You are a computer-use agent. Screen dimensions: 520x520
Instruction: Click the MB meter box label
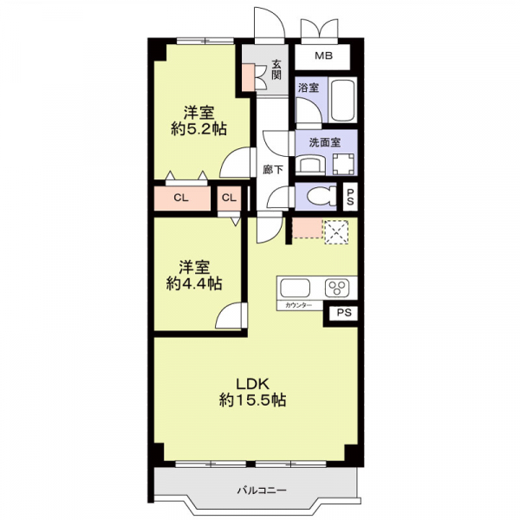pos(323,56)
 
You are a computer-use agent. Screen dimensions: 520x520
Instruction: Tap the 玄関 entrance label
pos(276,68)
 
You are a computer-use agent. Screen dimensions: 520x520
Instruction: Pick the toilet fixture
pos(317,197)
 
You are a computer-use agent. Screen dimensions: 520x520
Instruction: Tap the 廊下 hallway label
pos(273,170)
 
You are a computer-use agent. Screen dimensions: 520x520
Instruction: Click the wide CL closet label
pos(180,198)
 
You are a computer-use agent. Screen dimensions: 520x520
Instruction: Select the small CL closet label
pos(229,198)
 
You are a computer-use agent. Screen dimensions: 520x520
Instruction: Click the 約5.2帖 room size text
pos(198,128)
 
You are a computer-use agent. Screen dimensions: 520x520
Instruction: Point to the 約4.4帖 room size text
pos(194,283)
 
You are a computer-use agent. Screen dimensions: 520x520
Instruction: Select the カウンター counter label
pos(295,305)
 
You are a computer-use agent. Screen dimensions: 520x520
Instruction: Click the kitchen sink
pos(294,288)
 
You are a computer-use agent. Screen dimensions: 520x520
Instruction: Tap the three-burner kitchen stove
pos(337,288)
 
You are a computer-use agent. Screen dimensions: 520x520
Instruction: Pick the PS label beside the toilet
pos(351,197)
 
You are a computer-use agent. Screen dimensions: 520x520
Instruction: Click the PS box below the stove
pos(343,313)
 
